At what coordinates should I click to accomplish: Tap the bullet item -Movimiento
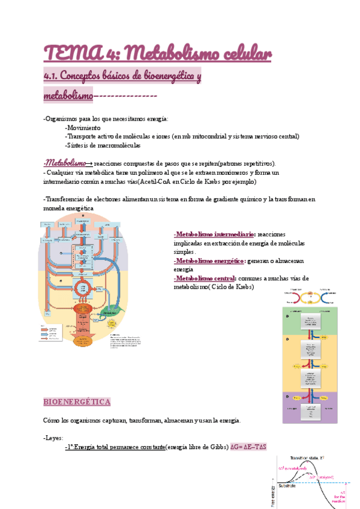(x=83, y=128)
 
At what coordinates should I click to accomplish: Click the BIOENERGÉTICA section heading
(x=77, y=401)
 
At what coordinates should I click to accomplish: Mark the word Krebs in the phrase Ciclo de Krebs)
(x=242, y=287)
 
